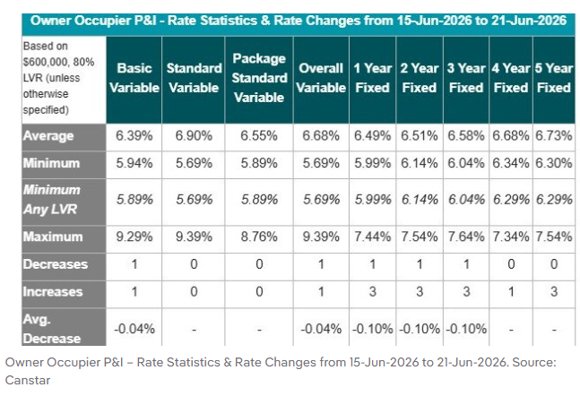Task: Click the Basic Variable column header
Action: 134,78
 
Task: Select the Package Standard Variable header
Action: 259,78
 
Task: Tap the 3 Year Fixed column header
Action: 465,78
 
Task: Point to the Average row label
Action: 48,136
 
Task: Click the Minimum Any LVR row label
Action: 51,200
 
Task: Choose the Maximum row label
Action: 53,237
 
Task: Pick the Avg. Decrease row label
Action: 51,329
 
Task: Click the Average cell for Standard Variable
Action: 194,136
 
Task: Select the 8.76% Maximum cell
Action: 259,237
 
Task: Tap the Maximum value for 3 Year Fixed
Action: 465,237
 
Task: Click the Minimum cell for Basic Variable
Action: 134,163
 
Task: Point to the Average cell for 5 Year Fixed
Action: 554,136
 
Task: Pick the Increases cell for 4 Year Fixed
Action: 511,292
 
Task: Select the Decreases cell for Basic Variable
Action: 134,264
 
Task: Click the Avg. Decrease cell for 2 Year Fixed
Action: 420,329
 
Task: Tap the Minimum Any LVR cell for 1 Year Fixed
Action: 373,200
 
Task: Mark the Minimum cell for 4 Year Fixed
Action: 511,163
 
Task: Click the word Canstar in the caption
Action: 28,380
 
